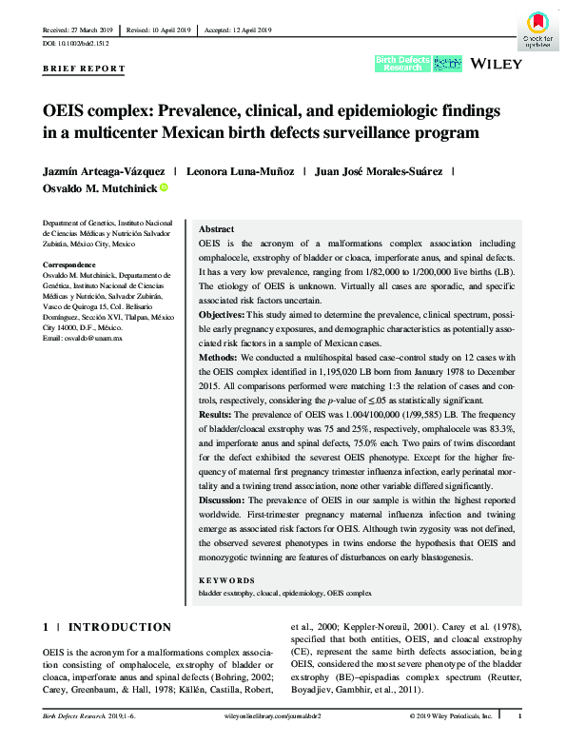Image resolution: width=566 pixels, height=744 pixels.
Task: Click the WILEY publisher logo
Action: pos(493,65)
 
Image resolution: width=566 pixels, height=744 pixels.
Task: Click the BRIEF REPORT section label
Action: pos(84,69)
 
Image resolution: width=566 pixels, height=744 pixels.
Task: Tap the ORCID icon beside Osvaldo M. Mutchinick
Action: pos(163,188)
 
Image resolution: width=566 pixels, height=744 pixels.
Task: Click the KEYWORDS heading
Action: pos(226,579)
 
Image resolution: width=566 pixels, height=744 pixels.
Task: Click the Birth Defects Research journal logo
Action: pos(400,64)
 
